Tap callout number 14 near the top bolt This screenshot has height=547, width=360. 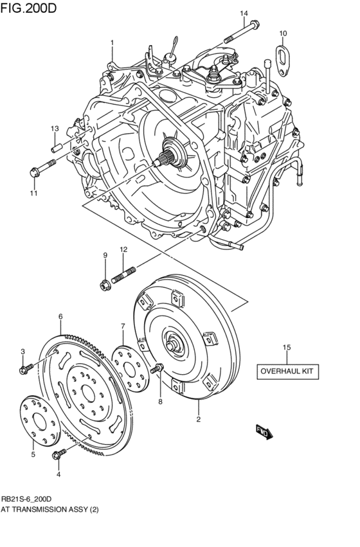pos(243,13)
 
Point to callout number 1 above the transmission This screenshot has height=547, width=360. pos(111,43)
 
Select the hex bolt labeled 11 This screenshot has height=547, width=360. pos(36,172)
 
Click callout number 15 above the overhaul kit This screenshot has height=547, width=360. pos(287,347)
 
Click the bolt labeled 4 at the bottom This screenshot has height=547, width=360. pos(57,455)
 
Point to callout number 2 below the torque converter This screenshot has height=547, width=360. pos(198,420)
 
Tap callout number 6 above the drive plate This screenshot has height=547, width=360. pos(60,316)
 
